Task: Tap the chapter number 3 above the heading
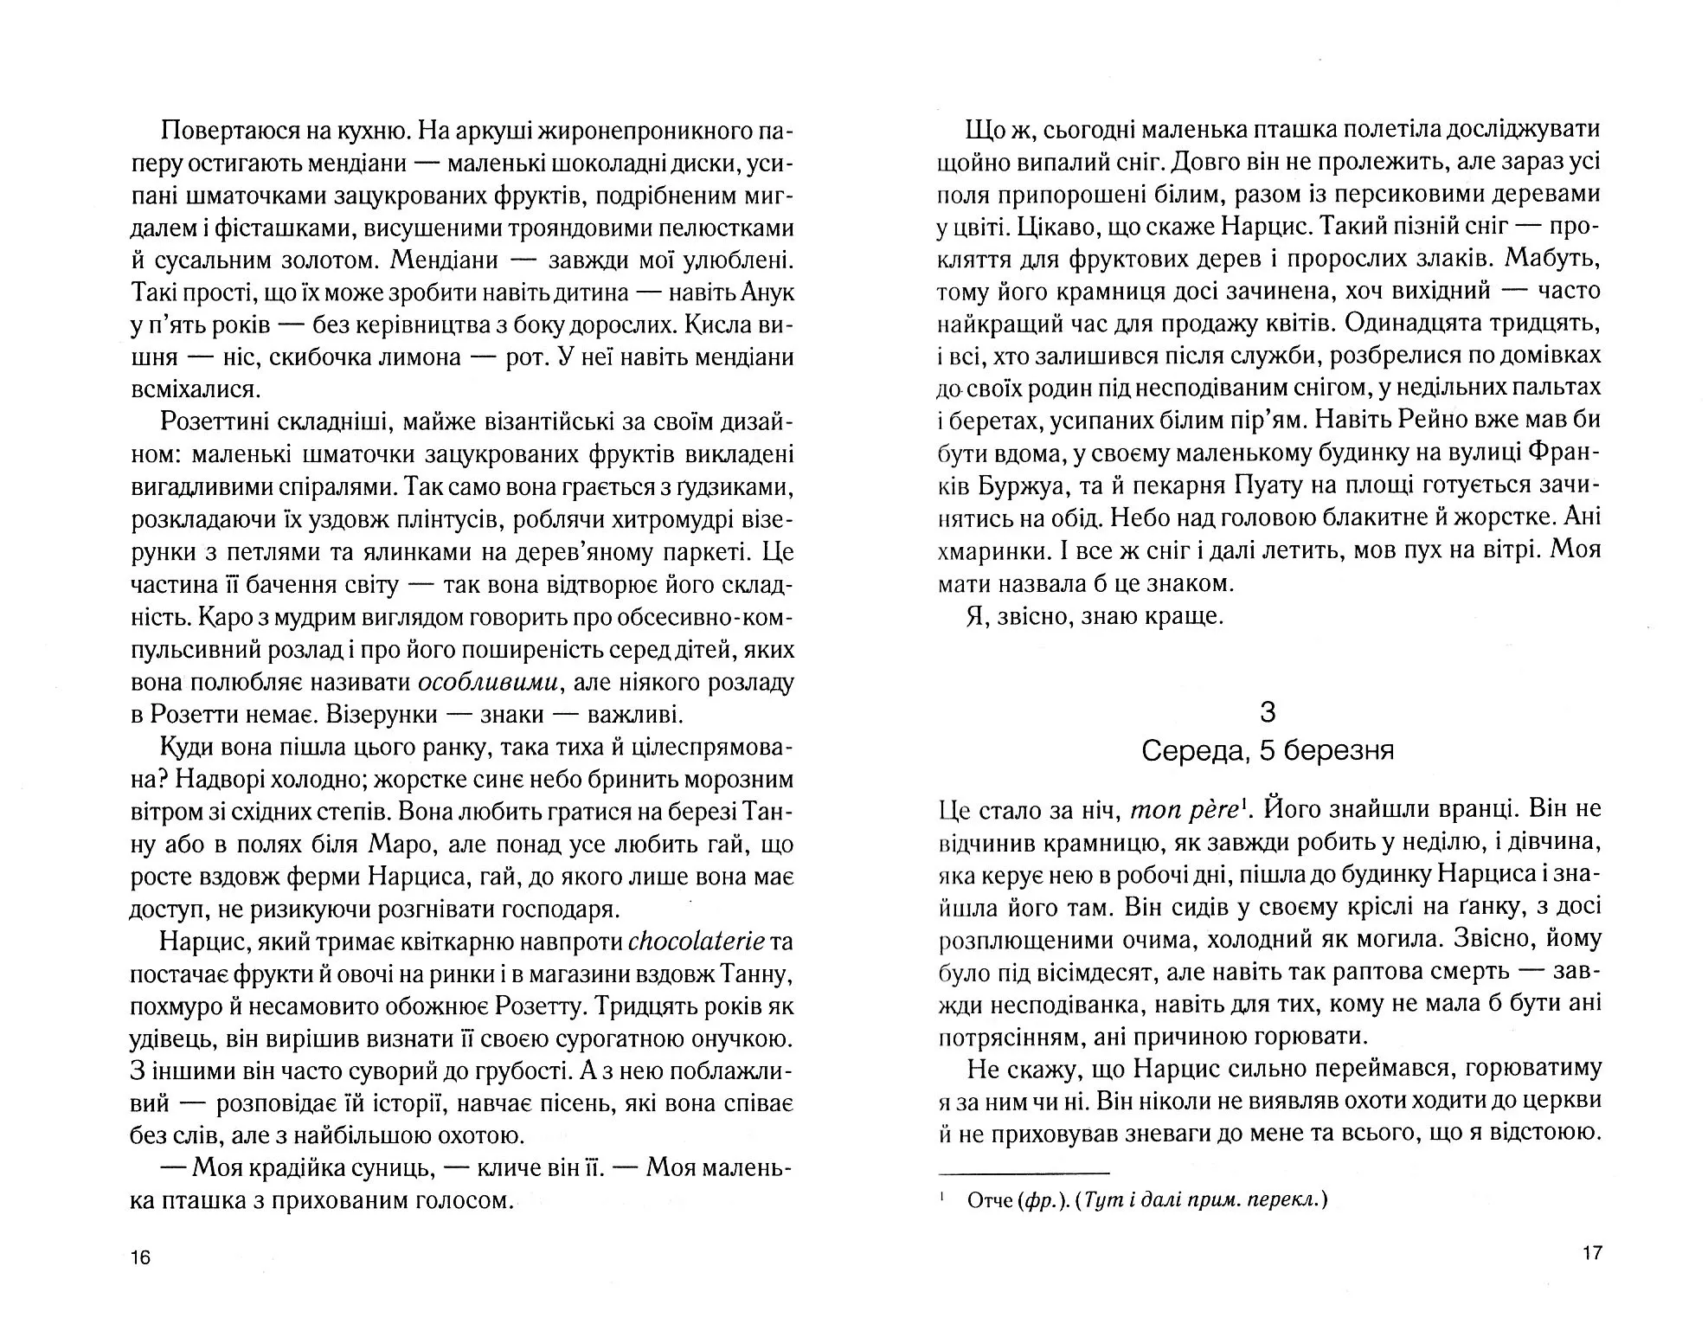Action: [x=1268, y=712]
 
